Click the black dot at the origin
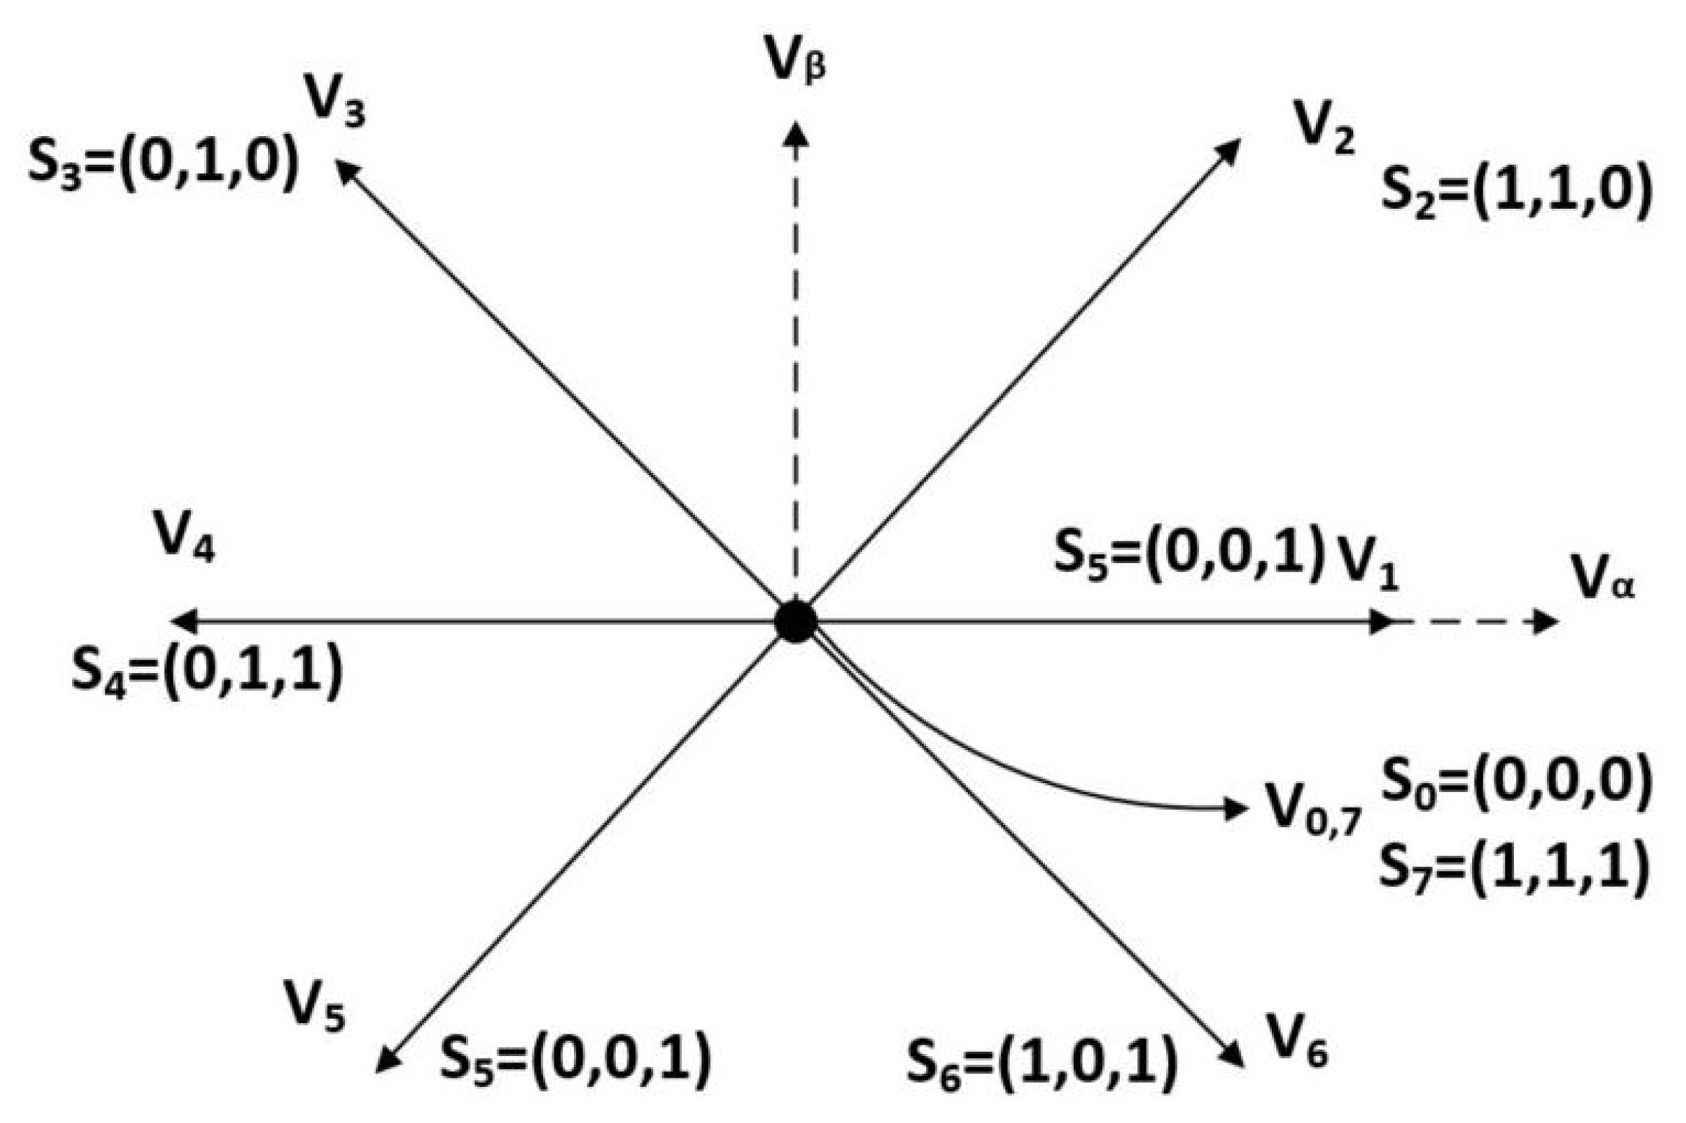[795, 621]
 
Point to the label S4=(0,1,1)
[206, 672]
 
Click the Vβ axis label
[796, 63]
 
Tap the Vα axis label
[1603, 579]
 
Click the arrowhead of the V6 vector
[1234, 1057]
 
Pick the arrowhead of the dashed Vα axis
[1546, 621]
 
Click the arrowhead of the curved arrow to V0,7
[1237, 808]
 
